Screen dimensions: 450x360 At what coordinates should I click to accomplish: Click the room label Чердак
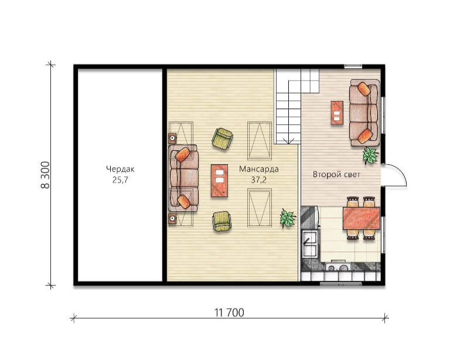[x=120, y=169]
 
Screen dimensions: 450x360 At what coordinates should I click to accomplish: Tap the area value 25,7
[x=120, y=180]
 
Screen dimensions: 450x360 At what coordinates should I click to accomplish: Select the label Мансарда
[x=259, y=169]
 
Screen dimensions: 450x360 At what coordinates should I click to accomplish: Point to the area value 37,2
[x=259, y=180]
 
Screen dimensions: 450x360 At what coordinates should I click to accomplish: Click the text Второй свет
[x=336, y=174]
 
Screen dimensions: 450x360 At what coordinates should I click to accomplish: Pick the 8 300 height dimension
[x=45, y=175]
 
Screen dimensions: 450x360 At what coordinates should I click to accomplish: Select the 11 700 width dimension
[x=229, y=313]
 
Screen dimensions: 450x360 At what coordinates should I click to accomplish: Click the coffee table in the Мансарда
[x=220, y=180]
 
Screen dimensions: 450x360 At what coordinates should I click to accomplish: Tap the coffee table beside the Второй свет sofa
[x=337, y=113]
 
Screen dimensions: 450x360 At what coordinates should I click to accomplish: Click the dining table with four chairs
[x=362, y=218]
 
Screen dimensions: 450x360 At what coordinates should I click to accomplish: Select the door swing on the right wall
[x=394, y=175]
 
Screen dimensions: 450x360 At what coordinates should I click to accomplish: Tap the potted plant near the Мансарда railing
[x=288, y=218]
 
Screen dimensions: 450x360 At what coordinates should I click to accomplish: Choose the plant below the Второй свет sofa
[x=370, y=155]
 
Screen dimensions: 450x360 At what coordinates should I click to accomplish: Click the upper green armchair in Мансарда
[x=222, y=138]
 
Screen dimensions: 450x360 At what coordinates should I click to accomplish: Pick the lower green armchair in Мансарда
[x=222, y=221]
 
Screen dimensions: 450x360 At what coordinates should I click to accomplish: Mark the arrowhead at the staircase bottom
[x=288, y=141]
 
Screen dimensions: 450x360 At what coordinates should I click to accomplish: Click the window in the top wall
[x=353, y=66]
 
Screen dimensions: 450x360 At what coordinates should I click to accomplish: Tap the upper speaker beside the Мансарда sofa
[x=172, y=138]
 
